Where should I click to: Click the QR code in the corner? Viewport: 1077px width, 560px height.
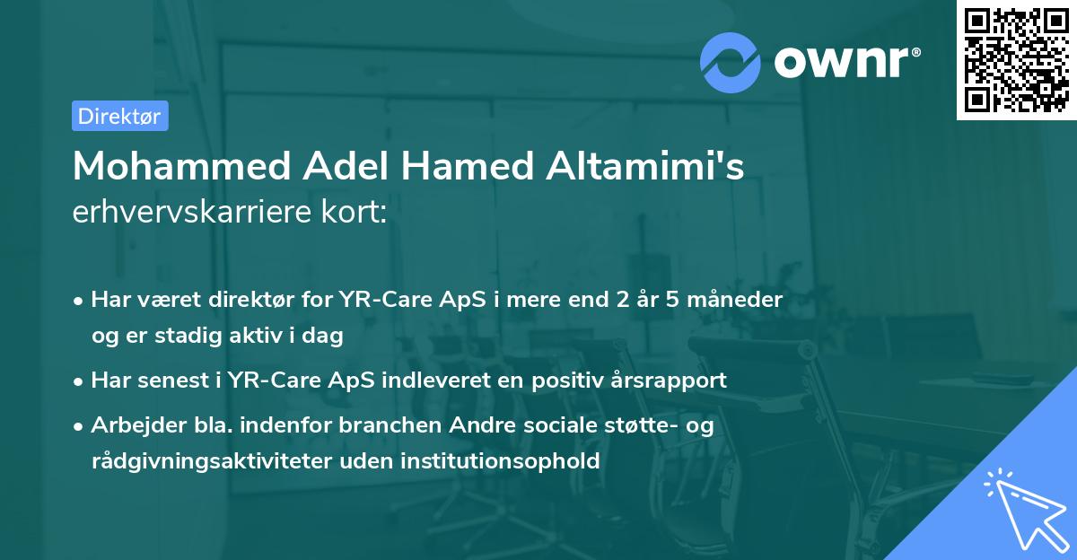click(1016, 60)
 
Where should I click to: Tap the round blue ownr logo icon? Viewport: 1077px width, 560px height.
click(731, 61)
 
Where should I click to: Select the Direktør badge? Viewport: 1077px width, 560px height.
click(119, 116)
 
